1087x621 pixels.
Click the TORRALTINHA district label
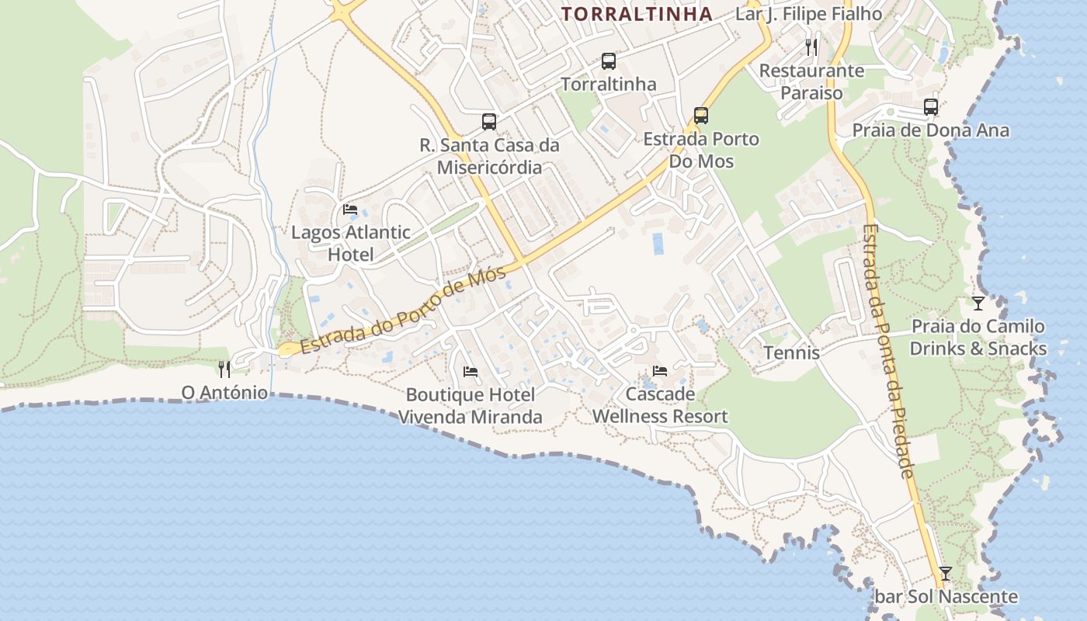tap(637, 14)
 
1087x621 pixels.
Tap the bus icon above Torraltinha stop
tap(609, 61)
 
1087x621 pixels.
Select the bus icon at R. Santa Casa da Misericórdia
tap(489, 121)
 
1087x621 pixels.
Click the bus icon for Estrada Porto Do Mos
tap(701, 116)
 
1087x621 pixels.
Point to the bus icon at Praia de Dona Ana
tap(931, 107)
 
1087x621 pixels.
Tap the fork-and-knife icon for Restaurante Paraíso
tap(811, 47)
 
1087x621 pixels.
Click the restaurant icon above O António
tap(224, 369)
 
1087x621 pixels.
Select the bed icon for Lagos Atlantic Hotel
tap(350, 209)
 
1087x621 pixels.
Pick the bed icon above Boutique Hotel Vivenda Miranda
tap(471, 371)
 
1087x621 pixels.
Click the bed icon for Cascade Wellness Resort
tap(660, 370)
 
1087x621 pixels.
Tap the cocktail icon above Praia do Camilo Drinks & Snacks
tap(978, 303)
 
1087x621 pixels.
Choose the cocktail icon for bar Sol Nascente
tap(945, 574)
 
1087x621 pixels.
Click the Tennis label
tap(791, 352)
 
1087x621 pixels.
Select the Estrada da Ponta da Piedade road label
tap(887, 351)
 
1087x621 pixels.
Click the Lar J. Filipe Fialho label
tap(808, 14)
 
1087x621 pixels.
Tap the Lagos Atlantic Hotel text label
tap(350, 243)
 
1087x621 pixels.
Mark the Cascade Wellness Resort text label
tap(660, 405)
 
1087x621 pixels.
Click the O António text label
tap(224, 393)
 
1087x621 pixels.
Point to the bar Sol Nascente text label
tap(946, 596)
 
